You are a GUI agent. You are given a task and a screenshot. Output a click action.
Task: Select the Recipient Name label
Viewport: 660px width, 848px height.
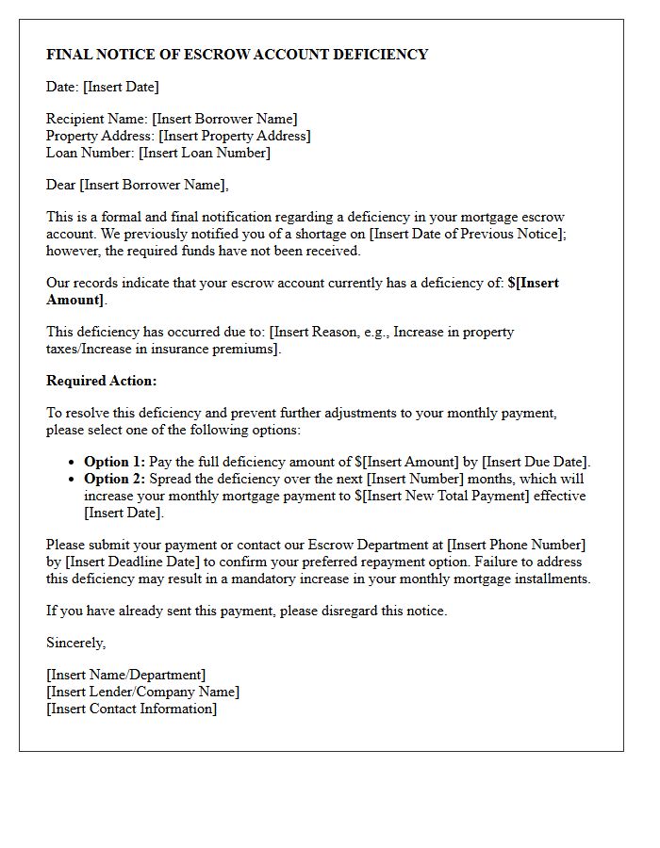pos(97,119)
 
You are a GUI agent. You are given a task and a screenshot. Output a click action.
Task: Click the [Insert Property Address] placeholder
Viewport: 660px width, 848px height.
pos(234,136)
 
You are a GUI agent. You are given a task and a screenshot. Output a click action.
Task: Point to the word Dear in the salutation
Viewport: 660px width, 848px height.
pos(61,185)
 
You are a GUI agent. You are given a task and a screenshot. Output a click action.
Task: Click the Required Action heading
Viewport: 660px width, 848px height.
pos(102,381)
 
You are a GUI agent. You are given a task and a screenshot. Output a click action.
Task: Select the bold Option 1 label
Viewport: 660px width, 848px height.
pos(114,462)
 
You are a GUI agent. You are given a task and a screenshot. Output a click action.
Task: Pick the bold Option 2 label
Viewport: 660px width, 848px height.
pos(114,479)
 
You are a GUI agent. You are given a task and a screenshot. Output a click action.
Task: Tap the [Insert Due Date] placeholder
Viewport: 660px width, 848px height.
pos(536,462)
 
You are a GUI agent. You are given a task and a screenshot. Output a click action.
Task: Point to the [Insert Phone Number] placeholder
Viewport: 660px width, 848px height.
pos(516,545)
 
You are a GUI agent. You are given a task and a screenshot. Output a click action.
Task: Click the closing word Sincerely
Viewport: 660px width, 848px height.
pos(76,643)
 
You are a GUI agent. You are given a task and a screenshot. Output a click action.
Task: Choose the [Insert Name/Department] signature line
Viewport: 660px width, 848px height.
pos(126,675)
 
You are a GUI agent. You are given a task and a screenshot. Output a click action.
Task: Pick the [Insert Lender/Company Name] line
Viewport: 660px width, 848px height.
pos(143,692)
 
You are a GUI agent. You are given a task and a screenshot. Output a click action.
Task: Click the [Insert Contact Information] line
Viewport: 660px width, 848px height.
pos(132,709)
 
